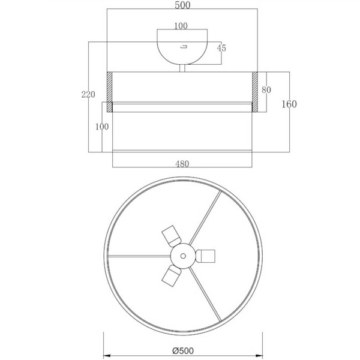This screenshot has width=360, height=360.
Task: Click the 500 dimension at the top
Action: [x=182, y=5]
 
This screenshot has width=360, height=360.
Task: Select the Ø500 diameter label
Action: [x=183, y=350]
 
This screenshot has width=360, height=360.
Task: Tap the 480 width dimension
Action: [x=182, y=164]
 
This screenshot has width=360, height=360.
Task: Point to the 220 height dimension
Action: [x=88, y=94]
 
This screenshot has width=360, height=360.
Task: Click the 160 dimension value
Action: [x=289, y=104]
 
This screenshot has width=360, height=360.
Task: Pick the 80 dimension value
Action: [x=266, y=90]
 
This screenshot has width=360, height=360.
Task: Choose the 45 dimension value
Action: [x=221, y=48]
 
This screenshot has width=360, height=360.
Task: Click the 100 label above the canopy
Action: [x=181, y=26]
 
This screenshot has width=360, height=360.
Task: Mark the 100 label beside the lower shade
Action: [x=102, y=127]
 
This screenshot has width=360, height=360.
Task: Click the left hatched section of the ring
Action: [x=110, y=92]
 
